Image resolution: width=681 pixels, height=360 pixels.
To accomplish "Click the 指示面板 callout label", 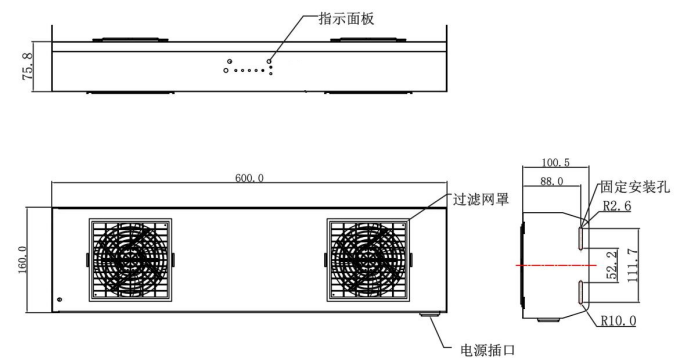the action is tap(346, 19).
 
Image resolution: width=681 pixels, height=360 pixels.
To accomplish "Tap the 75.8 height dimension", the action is tap(28, 66).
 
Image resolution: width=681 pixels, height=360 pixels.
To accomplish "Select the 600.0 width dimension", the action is tap(249, 178).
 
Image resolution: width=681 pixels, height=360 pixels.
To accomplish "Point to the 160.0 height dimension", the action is tap(23, 260).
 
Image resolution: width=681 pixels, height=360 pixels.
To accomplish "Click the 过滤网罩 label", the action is tap(480, 199).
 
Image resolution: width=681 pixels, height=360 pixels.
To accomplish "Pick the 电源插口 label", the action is tap(487, 350).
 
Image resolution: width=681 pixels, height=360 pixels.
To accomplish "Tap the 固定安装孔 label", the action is tap(635, 187).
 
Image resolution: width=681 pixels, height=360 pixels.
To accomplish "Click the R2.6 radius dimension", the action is tap(617, 205).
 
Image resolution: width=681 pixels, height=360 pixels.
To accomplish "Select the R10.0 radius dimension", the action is tap(618, 320).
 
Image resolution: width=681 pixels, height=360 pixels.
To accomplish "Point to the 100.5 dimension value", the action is tap(555, 162).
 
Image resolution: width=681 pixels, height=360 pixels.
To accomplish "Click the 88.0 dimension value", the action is tap(552, 181).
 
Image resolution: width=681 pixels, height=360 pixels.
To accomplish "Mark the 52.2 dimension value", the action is tap(612, 265).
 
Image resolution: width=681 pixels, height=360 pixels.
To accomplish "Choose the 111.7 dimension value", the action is tap(632, 266).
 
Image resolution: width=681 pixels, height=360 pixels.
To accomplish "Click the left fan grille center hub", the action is tap(130, 260).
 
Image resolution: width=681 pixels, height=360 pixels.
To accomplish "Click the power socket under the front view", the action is tap(430, 314).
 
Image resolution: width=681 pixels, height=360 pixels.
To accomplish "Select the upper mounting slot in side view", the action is tap(581, 238).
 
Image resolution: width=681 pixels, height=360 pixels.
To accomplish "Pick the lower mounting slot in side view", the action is tap(581, 292).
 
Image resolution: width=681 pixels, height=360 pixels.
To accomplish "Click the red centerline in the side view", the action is tap(556, 265).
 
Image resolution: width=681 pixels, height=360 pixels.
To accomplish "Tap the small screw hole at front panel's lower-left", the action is tap(60, 299).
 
